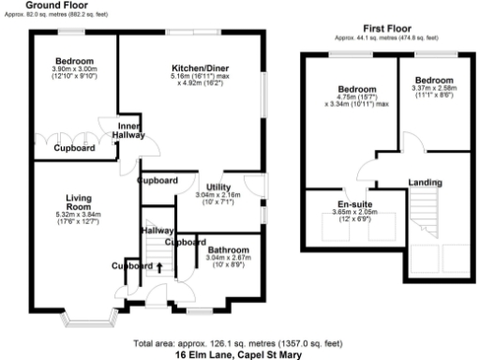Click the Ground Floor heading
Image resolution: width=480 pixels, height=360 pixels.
64,6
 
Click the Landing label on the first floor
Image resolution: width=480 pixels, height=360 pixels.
428,183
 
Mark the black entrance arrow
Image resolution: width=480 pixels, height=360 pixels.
158,268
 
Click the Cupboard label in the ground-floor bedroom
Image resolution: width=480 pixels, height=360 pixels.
73,148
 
